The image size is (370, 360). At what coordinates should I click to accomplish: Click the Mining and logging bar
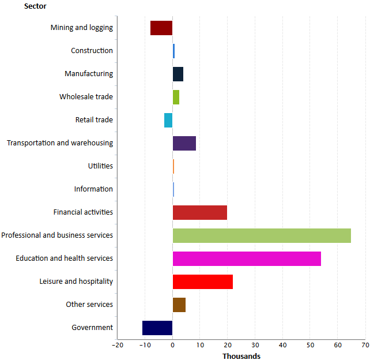click(x=161, y=28)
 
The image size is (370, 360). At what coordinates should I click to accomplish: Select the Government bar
click(x=157, y=328)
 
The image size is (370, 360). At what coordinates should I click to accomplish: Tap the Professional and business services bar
click(x=262, y=235)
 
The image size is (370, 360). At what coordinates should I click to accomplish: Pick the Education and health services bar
click(x=247, y=258)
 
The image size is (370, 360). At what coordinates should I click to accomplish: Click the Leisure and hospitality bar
click(x=203, y=282)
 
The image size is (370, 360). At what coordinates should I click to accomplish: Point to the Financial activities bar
click(x=200, y=212)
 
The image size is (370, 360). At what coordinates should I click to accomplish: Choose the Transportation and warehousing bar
click(x=184, y=143)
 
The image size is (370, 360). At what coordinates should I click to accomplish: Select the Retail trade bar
click(x=168, y=120)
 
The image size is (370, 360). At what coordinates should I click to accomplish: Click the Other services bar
click(x=179, y=305)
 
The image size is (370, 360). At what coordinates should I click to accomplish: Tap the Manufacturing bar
click(x=178, y=74)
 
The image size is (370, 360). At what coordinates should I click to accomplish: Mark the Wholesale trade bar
click(x=176, y=97)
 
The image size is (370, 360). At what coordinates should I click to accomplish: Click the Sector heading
click(x=35, y=6)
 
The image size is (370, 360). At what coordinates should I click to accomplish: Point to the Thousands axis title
click(x=241, y=356)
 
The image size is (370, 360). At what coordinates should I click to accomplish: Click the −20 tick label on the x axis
click(x=117, y=345)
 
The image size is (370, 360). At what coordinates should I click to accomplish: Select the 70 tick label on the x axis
click(x=365, y=345)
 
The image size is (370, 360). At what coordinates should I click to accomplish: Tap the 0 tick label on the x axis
click(x=172, y=345)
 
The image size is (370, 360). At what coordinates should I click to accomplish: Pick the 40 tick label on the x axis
click(x=282, y=345)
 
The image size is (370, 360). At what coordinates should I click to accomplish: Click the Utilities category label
click(x=100, y=166)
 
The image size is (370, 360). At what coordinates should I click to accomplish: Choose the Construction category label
click(x=92, y=51)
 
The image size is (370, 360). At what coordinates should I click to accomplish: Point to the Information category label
click(x=93, y=189)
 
